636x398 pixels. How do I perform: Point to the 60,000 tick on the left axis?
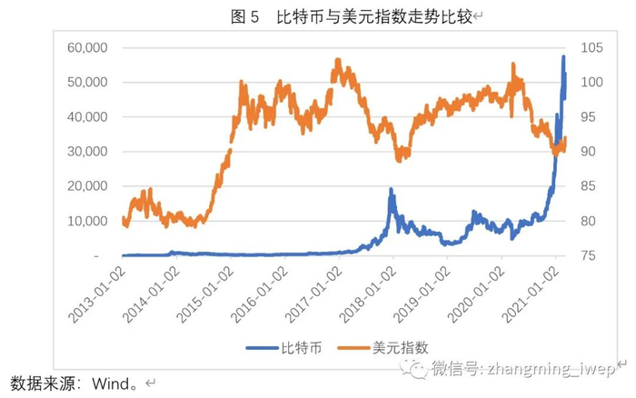coord(89,47)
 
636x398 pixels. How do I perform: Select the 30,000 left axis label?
coord(89,152)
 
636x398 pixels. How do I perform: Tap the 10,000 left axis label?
coord(89,222)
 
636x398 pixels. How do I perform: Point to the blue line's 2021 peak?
coord(563,57)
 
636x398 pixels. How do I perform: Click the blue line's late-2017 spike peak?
coord(391,189)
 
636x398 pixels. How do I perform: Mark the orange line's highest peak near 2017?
coord(338,60)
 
